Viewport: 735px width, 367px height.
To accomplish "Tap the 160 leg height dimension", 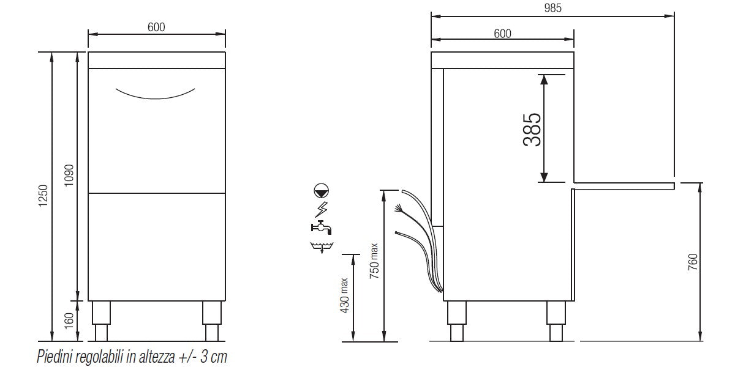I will point(69,320).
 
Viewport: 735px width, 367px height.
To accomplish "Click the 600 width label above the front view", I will point(157,27).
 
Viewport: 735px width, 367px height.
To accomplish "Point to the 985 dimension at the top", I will point(552,8).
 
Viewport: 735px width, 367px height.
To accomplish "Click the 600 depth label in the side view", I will point(502,34).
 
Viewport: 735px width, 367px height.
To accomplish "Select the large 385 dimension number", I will point(532,129).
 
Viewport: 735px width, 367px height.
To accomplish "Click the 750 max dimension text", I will point(374,261).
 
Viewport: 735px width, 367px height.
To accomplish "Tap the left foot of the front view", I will point(100,321).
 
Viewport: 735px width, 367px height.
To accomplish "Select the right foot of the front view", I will point(213,321).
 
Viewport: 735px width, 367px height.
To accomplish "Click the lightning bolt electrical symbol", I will point(321,210).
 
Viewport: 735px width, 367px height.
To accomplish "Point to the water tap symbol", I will point(321,228).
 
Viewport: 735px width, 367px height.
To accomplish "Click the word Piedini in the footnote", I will point(54,356).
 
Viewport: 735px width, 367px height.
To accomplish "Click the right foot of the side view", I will point(556,321).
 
